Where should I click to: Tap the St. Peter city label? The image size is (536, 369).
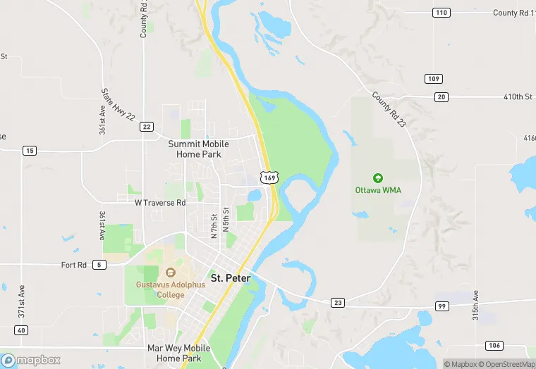pyautogui.click(x=231, y=278)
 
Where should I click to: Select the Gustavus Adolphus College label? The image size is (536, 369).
pyautogui.click(x=171, y=289)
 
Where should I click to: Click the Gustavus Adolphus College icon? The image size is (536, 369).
pyautogui.click(x=170, y=273)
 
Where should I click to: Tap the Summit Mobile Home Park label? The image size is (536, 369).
pyautogui.click(x=198, y=149)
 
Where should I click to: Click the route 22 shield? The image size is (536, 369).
pyautogui.click(x=147, y=127)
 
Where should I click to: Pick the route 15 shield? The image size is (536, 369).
pyautogui.click(x=29, y=150)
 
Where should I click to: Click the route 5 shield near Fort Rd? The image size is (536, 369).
pyautogui.click(x=99, y=265)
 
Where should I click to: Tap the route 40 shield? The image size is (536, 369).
pyautogui.click(x=21, y=330)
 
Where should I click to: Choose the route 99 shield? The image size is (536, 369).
pyautogui.click(x=441, y=306)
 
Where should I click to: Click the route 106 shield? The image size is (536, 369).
pyautogui.click(x=494, y=345)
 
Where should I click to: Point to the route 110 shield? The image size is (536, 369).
pyautogui.click(x=441, y=13)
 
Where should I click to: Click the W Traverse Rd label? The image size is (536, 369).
pyautogui.click(x=160, y=203)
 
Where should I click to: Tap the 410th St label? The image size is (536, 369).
pyautogui.click(x=517, y=96)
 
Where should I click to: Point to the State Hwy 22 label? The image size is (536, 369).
pyautogui.click(x=118, y=104)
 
